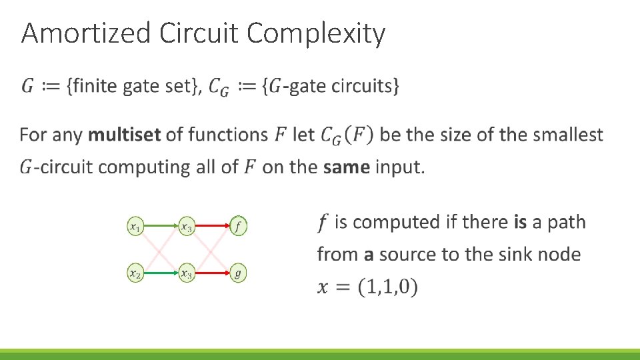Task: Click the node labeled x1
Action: (x=135, y=227)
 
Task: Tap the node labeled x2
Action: (x=135, y=273)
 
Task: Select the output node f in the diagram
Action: (x=238, y=227)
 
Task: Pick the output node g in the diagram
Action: (x=238, y=273)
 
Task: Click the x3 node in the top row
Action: (x=187, y=227)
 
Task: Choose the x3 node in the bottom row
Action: (x=187, y=273)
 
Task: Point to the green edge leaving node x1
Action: (x=161, y=227)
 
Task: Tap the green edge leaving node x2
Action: (x=161, y=273)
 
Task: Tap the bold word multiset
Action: (x=124, y=135)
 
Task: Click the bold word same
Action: (x=346, y=167)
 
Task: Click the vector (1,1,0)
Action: (x=387, y=288)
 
